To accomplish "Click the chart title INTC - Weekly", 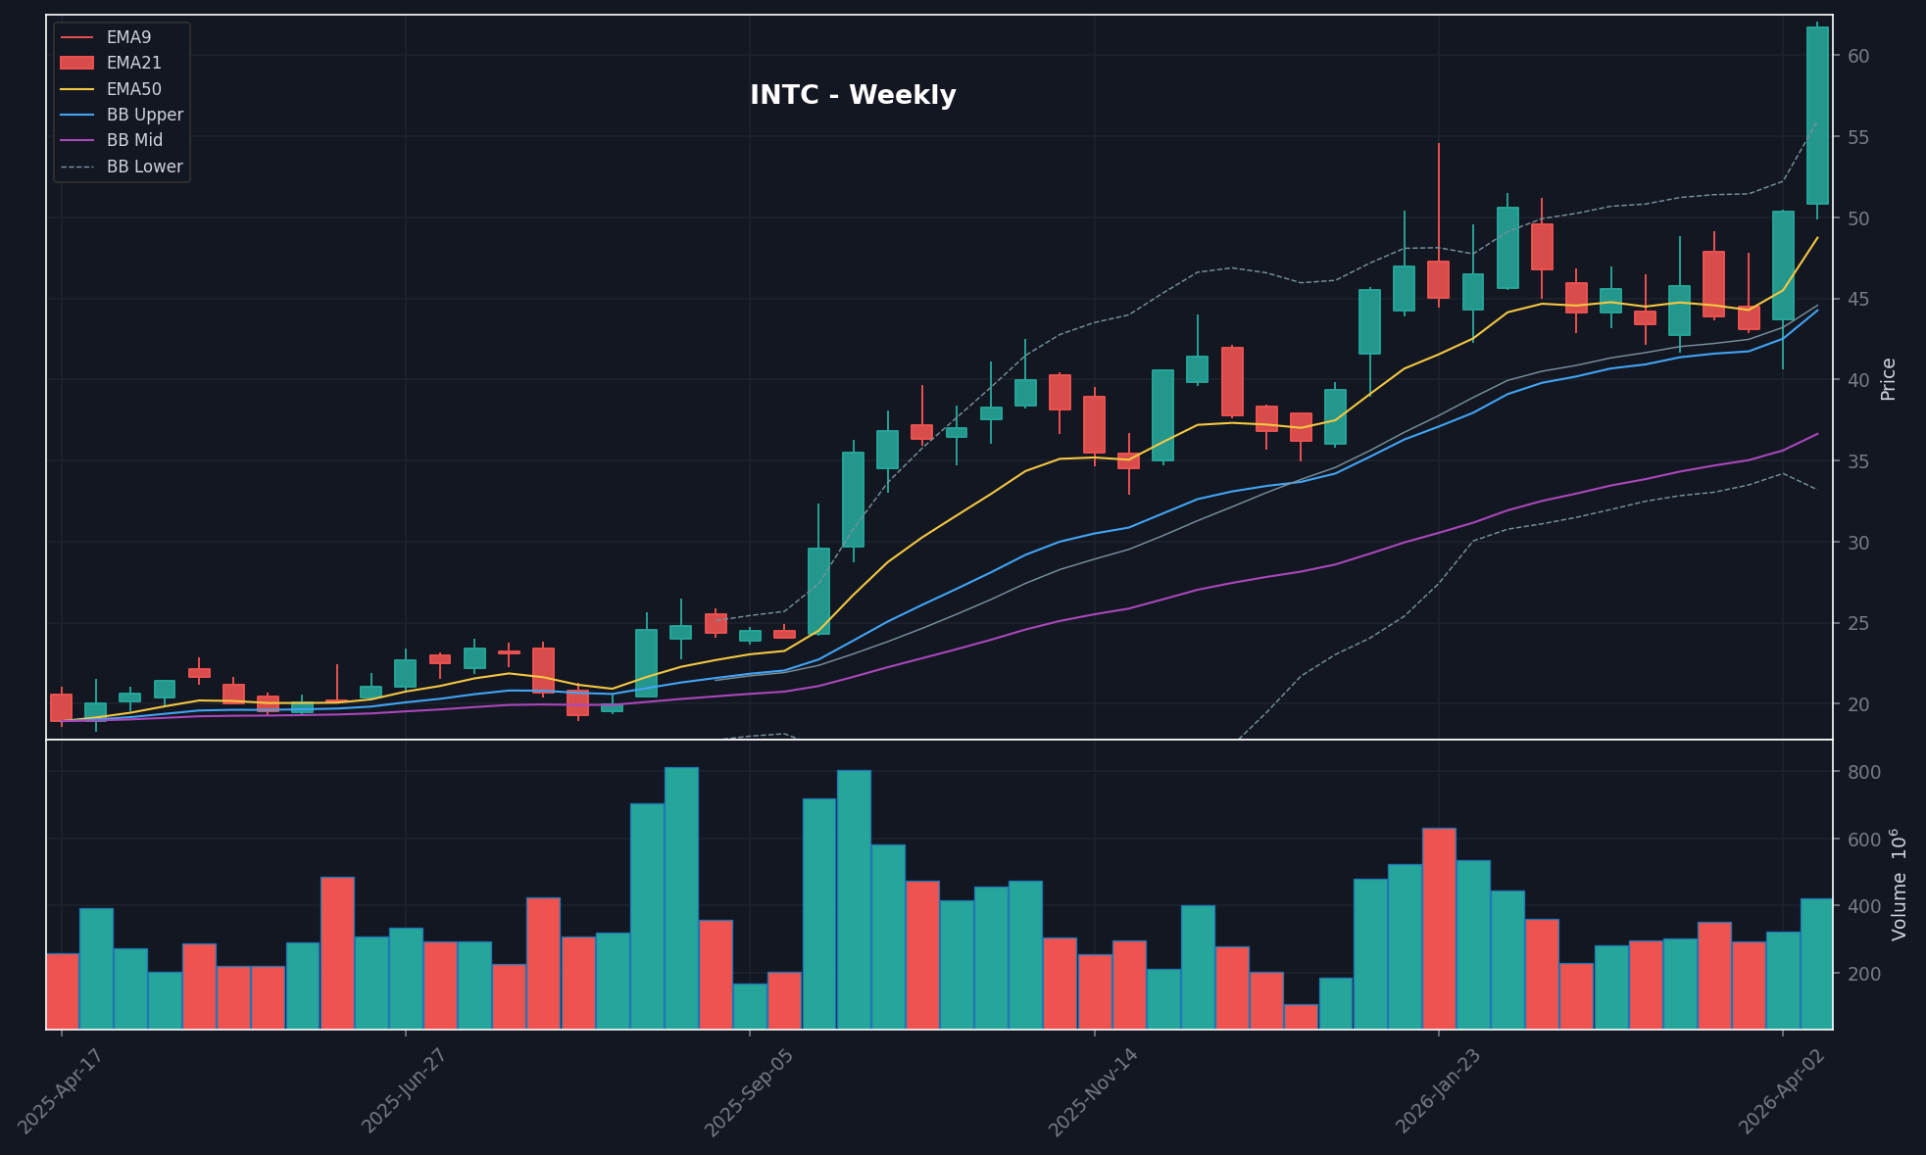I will (x=852, y=96).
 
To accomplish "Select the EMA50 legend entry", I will (x=133, y=89).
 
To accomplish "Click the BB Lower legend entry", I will (x=144, y=167).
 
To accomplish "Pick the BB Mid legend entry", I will (x=134, y=140).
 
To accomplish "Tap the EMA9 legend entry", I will (x=128, y=37).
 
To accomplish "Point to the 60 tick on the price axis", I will (x=1857, y=56).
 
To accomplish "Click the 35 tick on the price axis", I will (x=1857, y=460).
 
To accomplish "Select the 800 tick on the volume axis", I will (x=1863, y=772).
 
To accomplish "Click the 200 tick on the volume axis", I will (x=1863, y=974).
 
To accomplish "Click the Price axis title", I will (x=1889, y=379).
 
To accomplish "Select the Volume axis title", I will (x=1900, y=885).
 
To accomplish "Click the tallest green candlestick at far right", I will (x=1817, y=116).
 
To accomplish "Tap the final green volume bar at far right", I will (x=1816, y=963).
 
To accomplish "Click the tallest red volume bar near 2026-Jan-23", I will (x=1439, y=928).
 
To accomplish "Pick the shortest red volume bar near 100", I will (x=1301, y=1016).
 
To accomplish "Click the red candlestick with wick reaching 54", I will (x=1438, y=279).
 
